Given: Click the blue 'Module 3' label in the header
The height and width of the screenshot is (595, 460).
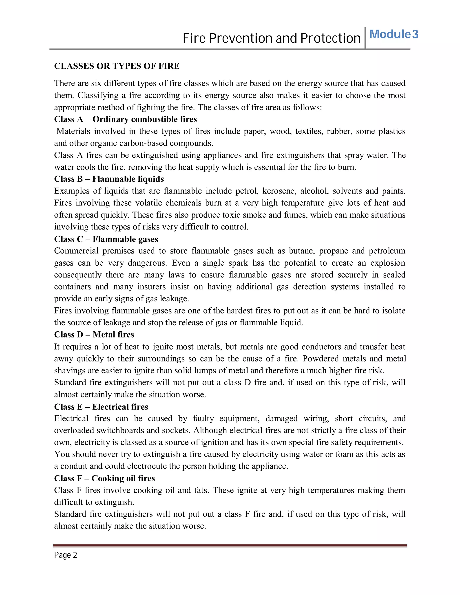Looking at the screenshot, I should pos(394,35).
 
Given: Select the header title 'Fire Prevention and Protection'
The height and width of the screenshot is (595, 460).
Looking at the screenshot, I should pos(271,38).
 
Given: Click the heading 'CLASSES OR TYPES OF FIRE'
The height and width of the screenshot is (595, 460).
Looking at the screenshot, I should pos(117,66).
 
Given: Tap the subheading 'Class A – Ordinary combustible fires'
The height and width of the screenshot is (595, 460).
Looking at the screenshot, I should pos(125,119).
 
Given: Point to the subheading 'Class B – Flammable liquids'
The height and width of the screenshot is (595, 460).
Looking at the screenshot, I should pos(109,179).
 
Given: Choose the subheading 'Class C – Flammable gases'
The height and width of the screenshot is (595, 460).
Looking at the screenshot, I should pos(106,239).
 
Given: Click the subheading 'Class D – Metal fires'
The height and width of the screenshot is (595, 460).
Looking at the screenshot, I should pos(94,335).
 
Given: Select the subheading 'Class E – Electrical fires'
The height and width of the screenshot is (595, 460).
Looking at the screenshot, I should pos(101,407).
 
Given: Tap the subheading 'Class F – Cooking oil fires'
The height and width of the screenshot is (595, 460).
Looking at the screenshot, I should pos(104,478).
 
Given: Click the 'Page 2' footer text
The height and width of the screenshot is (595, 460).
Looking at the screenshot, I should pos(65,555).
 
